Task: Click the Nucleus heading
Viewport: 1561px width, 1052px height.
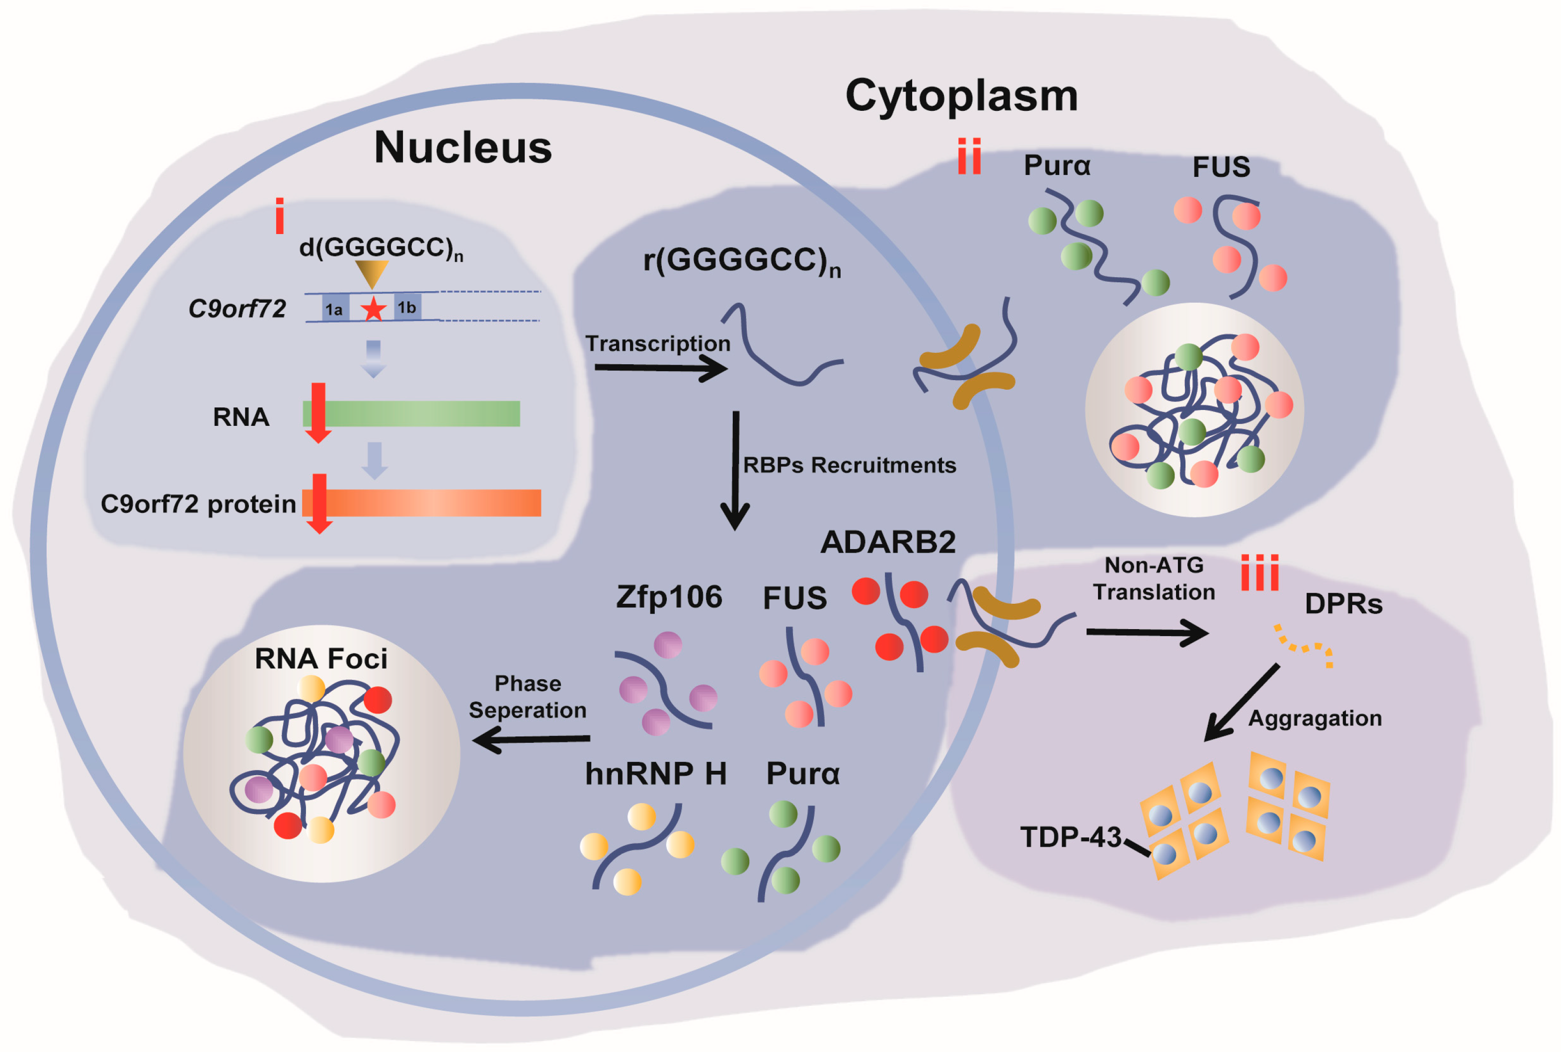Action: tap(463, 148)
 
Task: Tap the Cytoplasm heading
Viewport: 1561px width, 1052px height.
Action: tap(961, 96)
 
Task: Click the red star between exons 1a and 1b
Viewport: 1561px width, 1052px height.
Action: tap(374, 309)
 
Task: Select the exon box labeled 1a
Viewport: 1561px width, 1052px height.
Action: tap(335, 309)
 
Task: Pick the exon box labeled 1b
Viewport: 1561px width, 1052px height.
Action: tap(407, 307)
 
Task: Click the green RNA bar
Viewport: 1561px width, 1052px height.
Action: tap(416, 413)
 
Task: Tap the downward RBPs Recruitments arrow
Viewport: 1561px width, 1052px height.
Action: tap(735, 470)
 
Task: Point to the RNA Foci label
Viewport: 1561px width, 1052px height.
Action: tap(320, 659)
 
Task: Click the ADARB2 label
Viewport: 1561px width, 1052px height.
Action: tap(887, 542)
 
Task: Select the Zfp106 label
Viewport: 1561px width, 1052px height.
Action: tap(669, 597)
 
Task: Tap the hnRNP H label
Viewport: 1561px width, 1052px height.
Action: tap(655, 774)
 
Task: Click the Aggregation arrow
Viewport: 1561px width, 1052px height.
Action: tap(1241, 703)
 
